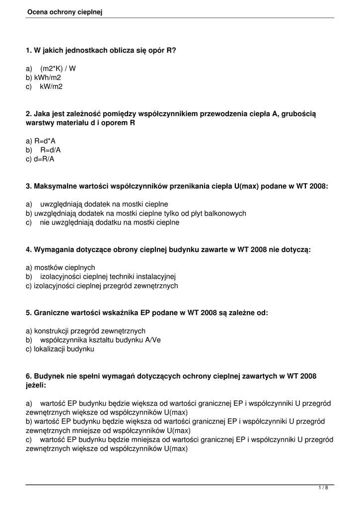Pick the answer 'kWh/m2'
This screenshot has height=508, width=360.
(48, 77)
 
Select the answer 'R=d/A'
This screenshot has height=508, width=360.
(51, 150)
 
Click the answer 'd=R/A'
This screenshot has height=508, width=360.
(44, 159)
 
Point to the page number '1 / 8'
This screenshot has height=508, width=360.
(323, 488)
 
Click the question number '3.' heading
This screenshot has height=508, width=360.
(29, 186)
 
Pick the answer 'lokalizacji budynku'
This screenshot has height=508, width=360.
(64, 349)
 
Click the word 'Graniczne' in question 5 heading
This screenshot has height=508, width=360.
(51, 313)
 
